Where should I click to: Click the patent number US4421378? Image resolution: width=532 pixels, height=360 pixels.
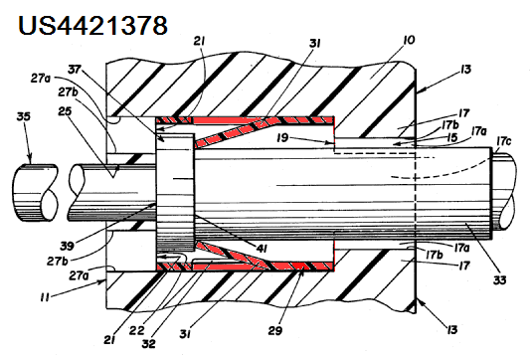click(92, 25)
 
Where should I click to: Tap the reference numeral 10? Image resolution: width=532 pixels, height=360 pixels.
click(409, 40)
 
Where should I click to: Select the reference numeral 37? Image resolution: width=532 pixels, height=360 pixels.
click(75, 70)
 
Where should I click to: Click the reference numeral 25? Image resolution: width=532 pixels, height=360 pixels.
click(65, 111)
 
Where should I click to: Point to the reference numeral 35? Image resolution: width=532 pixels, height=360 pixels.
click(24, 116)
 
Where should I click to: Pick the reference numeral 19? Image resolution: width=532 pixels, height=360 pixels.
click(282, 138)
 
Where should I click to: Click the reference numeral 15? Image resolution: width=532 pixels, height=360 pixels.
click(451, 137)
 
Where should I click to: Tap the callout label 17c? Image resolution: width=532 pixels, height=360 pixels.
click(503, 140)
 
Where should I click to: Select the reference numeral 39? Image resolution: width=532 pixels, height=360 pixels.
click(68, 246)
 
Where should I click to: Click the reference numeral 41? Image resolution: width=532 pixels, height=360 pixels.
click(261, 249)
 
